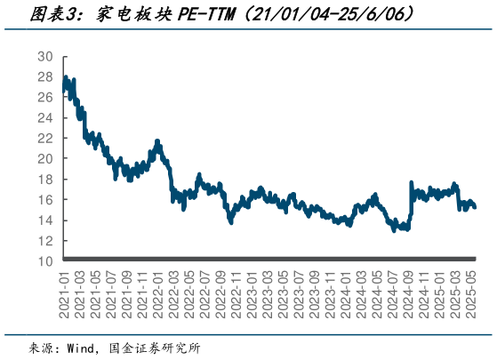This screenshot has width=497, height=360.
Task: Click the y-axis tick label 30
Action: point(44,56)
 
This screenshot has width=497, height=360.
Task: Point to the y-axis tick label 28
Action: point(44,76)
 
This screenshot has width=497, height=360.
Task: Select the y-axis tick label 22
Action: point(44,138)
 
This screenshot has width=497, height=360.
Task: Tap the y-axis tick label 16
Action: point(44,199)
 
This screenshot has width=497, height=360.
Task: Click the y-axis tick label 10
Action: point(44,260)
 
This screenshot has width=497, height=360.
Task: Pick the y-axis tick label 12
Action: point(44,240)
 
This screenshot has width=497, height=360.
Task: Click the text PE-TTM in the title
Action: point(208,15)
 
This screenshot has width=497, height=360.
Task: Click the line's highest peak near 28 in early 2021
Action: point(65,80)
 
